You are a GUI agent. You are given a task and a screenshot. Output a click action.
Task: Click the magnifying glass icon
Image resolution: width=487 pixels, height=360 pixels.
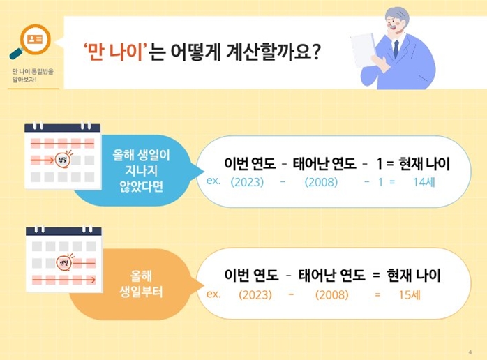point(29,40)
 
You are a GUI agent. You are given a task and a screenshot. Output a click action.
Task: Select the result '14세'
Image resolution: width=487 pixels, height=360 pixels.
point(424,182)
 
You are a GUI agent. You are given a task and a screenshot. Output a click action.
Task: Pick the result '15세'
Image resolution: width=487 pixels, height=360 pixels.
point(409,294)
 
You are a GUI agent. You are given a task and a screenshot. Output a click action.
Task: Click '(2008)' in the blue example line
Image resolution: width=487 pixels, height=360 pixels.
point(321,182)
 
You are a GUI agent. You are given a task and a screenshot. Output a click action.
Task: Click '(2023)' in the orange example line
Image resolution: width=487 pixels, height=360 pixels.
point(255,294)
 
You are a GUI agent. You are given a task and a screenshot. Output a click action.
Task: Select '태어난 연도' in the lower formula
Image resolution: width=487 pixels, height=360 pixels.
point(329,275)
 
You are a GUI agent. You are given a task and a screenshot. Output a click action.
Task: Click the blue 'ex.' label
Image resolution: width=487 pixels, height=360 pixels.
point(214,181)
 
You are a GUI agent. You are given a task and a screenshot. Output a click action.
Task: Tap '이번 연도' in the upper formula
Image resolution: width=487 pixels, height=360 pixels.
point(250,164)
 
